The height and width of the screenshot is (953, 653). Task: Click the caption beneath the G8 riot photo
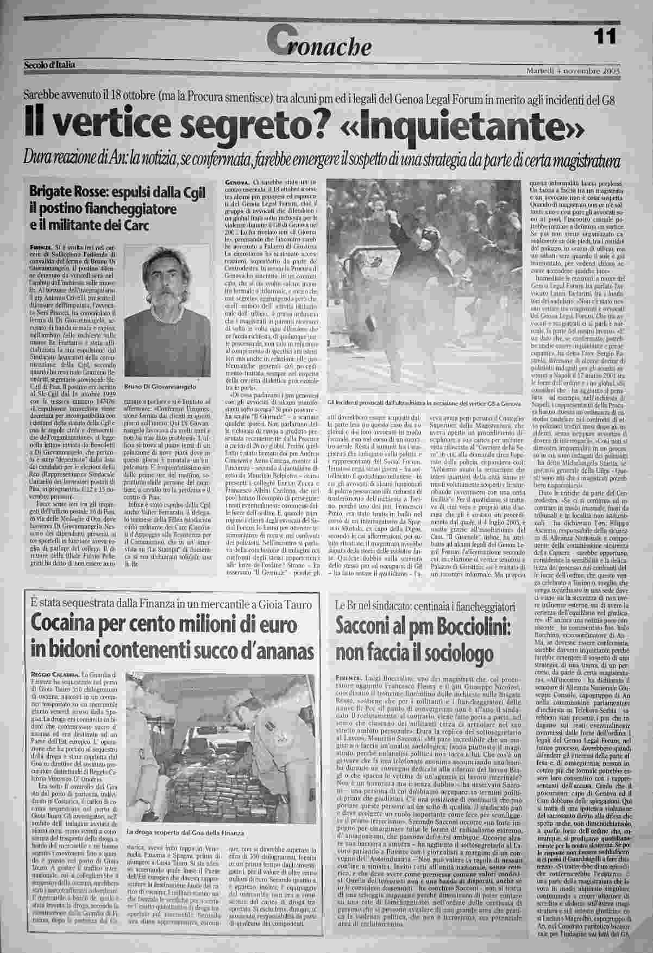[x=420, y=403]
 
